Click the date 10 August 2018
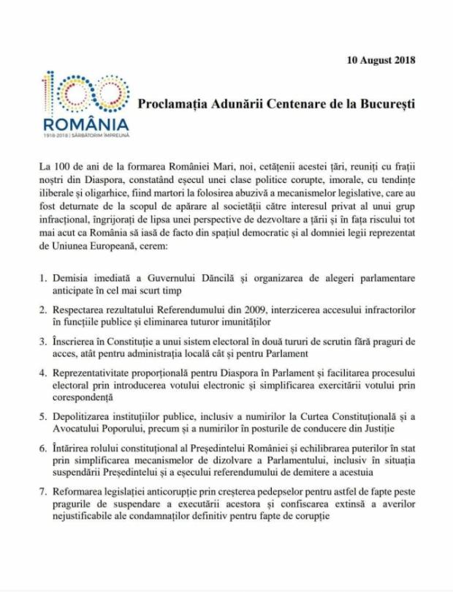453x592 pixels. [381, 60]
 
